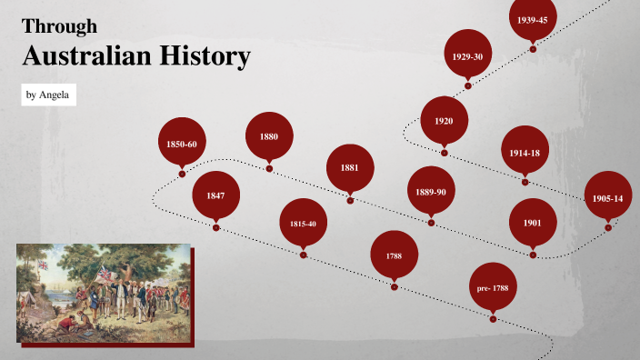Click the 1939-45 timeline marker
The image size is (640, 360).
tap(532, 19)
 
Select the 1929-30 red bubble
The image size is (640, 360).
tap(467, 56)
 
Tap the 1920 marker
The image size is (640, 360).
tap(444, 121)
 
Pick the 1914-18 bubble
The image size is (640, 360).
tap(525, 153)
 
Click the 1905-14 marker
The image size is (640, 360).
tap(607, 197)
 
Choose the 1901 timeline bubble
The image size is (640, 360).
tap(533, 223)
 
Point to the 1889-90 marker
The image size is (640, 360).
tap(430, 191)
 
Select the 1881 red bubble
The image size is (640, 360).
tap(350, 168)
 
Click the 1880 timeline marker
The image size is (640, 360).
tap(269, 136)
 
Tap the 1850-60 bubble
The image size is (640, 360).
tap(182, 143)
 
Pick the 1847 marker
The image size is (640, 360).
tap(215, 195)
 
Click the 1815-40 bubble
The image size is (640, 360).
tap(303, 223)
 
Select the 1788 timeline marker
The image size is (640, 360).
tap(394, 255)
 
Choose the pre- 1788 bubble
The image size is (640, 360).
tap(493, 287)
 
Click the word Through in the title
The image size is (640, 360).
tap(59, 26)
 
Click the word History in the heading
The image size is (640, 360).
tap(205, 57)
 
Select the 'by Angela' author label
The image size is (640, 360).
tap(49, 95)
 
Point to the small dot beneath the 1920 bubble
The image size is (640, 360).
tap(445, 153)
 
